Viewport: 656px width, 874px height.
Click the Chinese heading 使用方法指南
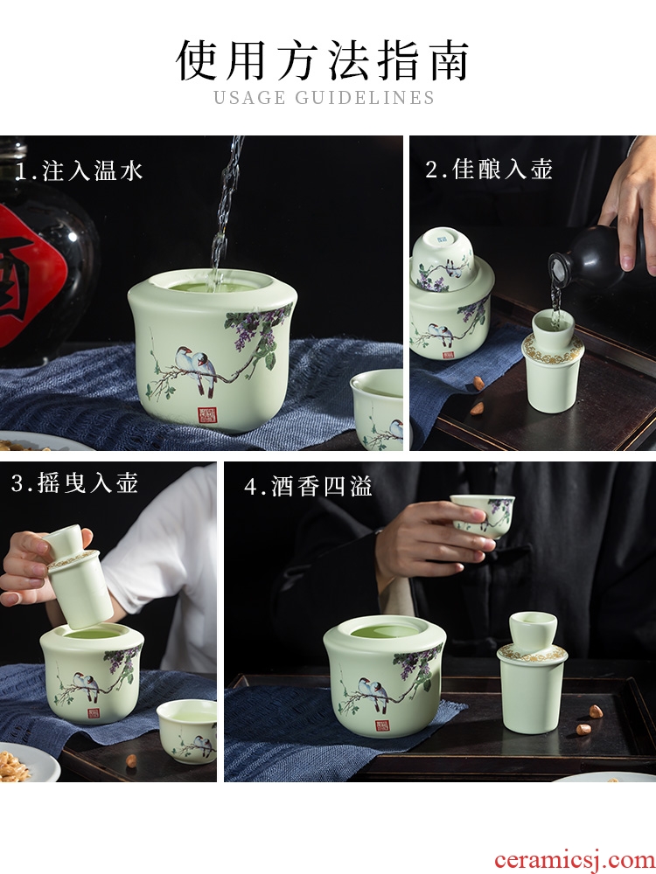click(x=323, y=60)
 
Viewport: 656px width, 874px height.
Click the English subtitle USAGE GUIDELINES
click(x=325, y=98)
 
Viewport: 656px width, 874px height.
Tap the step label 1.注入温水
click(x=79, y=170)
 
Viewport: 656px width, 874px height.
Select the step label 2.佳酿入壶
click(x=489, y=169)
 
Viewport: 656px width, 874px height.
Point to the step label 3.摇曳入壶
click(x=74, y=482)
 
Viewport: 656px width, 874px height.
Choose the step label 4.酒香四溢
click(x=308, y=486)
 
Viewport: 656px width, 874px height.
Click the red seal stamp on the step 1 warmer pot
click(x=207, y=414)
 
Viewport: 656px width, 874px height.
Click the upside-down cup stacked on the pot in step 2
click(x=443, y=259)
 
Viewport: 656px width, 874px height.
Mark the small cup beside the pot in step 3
click(x=187, y=730)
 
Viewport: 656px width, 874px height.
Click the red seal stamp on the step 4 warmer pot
click(x=382, y=725)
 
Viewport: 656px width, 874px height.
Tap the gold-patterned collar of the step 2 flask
click(x=553, y=350)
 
